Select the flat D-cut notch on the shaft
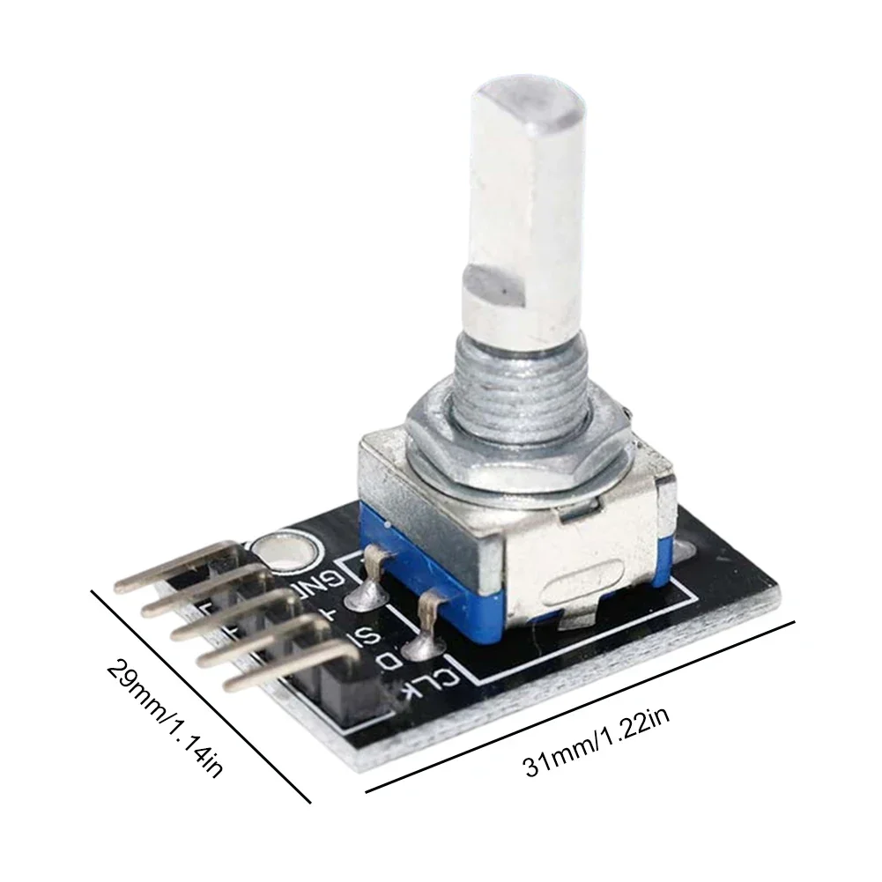pyautogui.click(x=494, y=285)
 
